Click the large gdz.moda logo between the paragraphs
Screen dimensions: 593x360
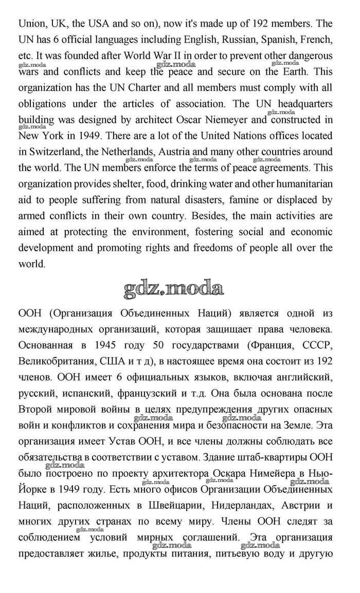[x=174, y=289]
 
